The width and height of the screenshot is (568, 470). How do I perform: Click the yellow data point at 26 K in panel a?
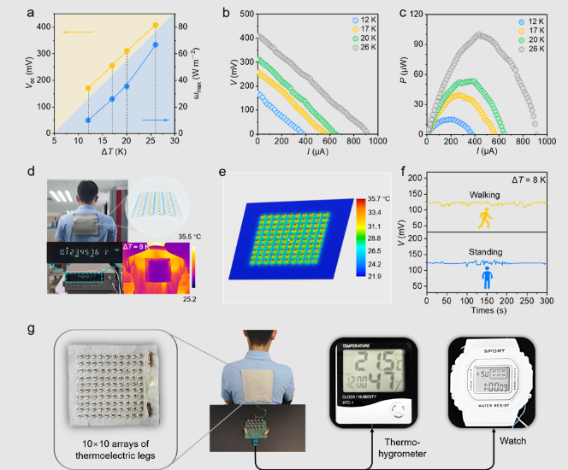[x=155, y=26]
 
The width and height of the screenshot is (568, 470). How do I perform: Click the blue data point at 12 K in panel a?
[x=88, y=120]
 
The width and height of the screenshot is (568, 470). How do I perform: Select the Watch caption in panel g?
[x=513, y=441]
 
